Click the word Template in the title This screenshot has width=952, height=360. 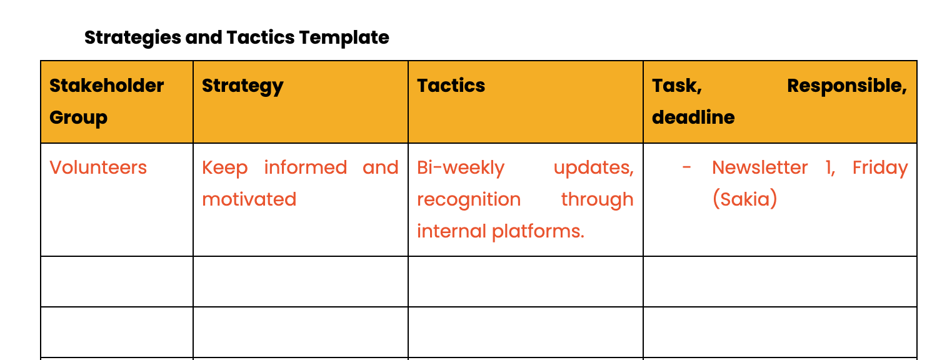point(344,38)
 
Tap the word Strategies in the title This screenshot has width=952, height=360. point(133,38)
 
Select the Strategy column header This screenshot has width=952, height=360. point(243,86)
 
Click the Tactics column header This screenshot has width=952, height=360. point(451,86)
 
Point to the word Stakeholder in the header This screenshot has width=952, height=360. point(107,86)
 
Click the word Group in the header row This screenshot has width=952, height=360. point(79,117)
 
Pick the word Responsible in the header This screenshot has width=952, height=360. point(847,86)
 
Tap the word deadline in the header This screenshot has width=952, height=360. point(693,117)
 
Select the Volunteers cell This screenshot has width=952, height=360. point(98,167)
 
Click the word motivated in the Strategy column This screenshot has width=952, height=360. point(249,199)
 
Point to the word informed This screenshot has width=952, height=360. point(306,167)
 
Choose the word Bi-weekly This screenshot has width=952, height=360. point(461,168)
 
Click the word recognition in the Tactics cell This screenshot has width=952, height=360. point(469,200)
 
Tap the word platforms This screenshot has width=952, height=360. point(538,232)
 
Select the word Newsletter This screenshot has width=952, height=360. point(760,167)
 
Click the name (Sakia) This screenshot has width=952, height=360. point(745,199)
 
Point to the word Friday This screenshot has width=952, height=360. point(880,168)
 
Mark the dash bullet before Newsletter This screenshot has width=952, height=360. point(686,167)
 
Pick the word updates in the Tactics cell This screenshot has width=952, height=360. point(594,168)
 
